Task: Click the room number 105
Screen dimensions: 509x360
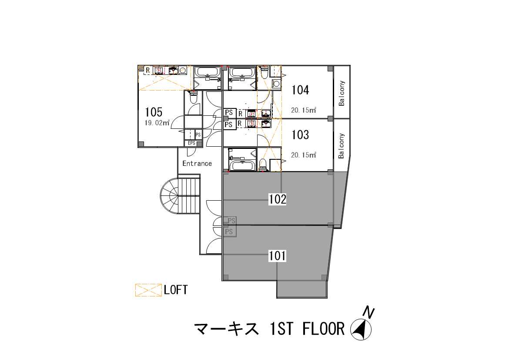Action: [x=154, y=112]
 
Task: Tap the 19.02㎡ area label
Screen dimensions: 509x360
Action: [x=157, y=123]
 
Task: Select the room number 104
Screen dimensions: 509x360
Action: [x=300, y=90]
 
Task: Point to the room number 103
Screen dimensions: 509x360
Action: [x=300, y=135]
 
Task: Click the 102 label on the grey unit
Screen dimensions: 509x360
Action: [x=278, y=199]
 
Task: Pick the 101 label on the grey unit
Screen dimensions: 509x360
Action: [x=277, y=256]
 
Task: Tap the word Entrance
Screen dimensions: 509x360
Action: [x=197, y=163]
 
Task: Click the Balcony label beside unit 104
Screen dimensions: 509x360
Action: [x=342, y=93]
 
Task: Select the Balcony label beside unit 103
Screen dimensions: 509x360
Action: [x=341, y=146]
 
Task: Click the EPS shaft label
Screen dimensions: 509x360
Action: [x=191, y=143]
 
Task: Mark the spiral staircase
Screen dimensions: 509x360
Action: [x=170, y=196]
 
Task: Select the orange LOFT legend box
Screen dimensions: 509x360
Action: [x=148, y=290]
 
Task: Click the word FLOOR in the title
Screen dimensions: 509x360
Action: [x=323, y=329]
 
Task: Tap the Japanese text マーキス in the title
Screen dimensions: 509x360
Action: [x=227, y=329]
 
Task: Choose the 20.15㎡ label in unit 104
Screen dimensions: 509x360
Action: [x=304, y=110]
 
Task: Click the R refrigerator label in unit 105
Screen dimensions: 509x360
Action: [x=148, y=70]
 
